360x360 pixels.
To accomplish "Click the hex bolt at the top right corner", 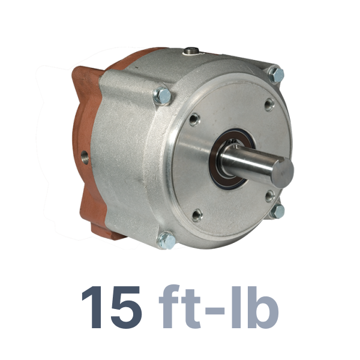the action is pos(276,75).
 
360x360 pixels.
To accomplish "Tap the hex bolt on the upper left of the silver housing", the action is pos(163,96).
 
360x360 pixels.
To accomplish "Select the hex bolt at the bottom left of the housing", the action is pos(167,241).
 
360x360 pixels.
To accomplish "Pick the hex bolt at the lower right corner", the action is pos(277,211).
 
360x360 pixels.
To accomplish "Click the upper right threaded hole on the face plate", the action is pos(269,104).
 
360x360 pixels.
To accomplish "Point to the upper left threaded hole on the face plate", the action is pos(194,119).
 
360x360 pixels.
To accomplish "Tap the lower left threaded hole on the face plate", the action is pos(197,215).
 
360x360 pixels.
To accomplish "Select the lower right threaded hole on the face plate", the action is pos(270,196).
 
